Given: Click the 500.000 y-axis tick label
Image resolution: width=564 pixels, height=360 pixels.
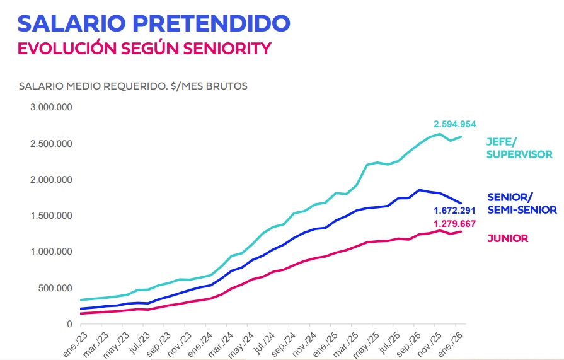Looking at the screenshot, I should [x=55, y=288].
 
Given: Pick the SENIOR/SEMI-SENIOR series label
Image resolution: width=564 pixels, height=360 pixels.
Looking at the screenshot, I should [x=522, y=203].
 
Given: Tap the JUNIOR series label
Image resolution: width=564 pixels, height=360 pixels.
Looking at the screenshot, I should [x=507, y=238].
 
